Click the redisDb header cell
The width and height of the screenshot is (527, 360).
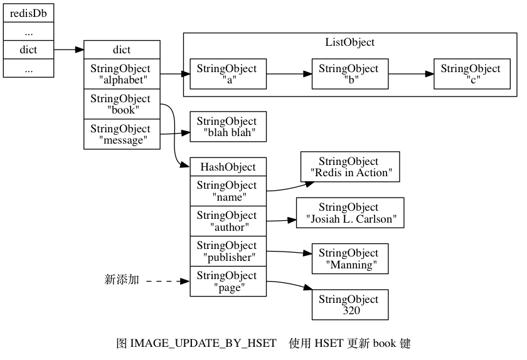[x=28, y=13]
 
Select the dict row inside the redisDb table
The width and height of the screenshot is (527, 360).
[x=28, y=49]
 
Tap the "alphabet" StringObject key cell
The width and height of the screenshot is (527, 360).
[x=120, y=73]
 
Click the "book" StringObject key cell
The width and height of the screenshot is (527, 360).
[x=120, y=103]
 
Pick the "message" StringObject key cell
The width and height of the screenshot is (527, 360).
[x=120, y=134]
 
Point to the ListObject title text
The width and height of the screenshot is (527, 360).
[x=349, y=43]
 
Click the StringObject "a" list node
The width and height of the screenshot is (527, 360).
[x=228, y=74]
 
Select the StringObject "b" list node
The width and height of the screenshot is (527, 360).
[x=349, y=74]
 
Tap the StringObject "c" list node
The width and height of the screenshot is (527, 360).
[x=470, y=74]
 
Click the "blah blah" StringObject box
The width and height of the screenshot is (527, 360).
[x=228, y=127]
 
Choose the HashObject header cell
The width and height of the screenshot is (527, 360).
[x=228, y=167]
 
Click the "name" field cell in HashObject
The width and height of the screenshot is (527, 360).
[x=228, y=191]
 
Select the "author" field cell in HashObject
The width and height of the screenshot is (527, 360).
[x=228, y=221]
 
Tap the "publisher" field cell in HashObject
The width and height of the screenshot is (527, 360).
[x=228, y=251]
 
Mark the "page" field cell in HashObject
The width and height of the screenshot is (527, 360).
[x=228, y=281]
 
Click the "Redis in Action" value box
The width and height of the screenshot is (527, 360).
[x=349, y=167]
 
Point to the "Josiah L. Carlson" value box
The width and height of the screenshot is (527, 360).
[x=349, y=213]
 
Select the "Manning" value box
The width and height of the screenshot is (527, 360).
[x=349, y=258]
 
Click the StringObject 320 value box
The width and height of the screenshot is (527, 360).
[x=349, y=304]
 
